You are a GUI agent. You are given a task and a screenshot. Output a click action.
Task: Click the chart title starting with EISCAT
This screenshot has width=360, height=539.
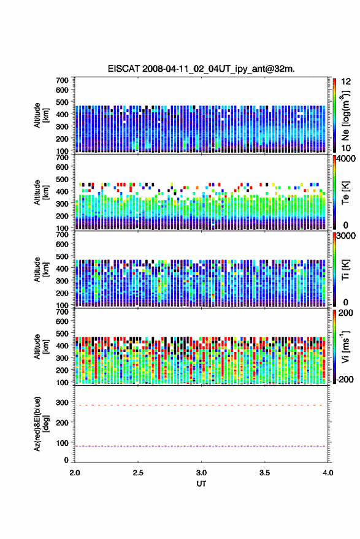pos(201,69)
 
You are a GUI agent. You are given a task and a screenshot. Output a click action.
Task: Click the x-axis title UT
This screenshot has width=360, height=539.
pos(201,484)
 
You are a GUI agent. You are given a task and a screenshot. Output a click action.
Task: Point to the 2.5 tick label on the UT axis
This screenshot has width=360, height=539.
pos(138,473)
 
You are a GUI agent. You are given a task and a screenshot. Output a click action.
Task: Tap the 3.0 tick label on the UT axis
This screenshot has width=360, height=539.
pos(201,473)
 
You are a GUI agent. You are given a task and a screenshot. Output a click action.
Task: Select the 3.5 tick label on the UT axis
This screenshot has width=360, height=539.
pos(264,473)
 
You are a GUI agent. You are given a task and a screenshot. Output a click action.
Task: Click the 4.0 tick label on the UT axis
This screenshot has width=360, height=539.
pos(327,473)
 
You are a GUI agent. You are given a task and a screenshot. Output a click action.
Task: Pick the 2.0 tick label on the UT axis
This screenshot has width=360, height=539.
pos(75,473)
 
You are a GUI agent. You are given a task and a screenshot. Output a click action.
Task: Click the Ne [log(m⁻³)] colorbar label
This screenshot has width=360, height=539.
pos(345,115)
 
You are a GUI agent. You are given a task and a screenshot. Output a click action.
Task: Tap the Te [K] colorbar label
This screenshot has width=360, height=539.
pos(345,193)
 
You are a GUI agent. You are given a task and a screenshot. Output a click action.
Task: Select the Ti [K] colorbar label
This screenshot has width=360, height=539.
pos(345,270)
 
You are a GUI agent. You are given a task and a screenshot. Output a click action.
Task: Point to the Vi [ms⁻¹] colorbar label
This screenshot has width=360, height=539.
pos(345,346)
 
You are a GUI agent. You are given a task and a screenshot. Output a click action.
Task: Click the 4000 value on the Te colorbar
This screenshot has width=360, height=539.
pos(346,160)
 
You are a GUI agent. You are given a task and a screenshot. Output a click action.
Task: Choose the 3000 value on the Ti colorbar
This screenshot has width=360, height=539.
pos(346,236)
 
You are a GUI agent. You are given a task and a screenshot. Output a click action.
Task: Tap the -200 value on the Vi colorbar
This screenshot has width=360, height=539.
pos(345,379)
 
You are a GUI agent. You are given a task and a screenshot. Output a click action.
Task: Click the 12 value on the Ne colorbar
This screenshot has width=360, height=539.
pos(346,82)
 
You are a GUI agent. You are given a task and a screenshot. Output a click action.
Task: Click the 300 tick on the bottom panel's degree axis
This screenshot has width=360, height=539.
pos(62,402)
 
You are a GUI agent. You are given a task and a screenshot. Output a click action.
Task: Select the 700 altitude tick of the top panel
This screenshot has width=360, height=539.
pos(62,80)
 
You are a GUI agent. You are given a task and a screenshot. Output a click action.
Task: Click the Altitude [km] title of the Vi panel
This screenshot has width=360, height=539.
pos(41,346)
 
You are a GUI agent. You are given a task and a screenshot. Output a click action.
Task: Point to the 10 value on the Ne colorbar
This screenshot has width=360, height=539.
pos(346,148)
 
